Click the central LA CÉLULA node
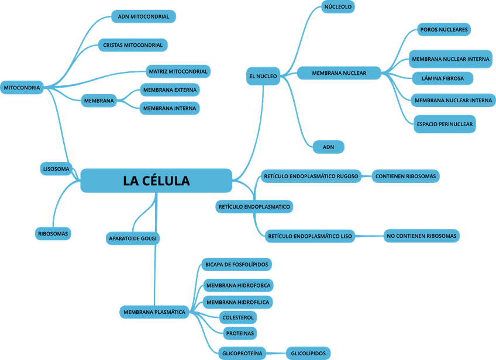tap(156, 181)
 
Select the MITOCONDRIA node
tap(22, 88)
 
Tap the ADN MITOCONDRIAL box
tap(143, 16)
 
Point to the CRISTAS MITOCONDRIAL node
tap(133, 45)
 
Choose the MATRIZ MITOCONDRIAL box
tap(178, 72)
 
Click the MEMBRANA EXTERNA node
tap(170, 90)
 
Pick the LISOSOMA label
tap(56, 169)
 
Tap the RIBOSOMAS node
tap(53, 234)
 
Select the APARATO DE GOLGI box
tap(133, 238)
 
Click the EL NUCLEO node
tap(263, 76)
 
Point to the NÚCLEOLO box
tap(338, 7)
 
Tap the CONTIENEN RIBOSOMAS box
tap(405, 175)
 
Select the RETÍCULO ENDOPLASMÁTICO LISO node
tap(309, 237)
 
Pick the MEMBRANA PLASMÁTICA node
tap(154, 312)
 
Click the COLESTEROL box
tap(238, 317)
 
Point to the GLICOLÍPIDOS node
tap(308, 353)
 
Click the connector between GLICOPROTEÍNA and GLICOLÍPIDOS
tap(277, 353)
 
